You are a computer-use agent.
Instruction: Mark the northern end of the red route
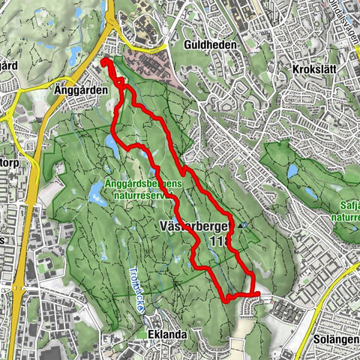click(x=104, y=61)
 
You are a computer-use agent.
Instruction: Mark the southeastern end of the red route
click(x=256, y=295)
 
